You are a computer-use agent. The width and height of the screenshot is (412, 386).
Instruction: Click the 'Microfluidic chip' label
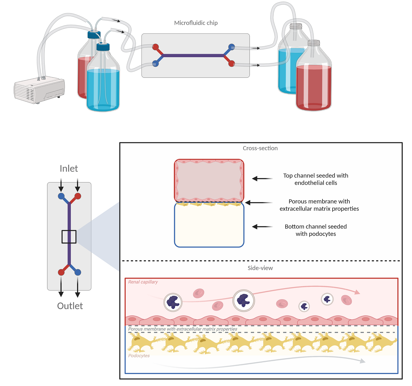click(196, 23)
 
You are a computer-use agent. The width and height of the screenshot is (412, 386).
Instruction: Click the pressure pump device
click(39, 90)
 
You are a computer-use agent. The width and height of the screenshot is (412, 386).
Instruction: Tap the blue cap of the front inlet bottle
click(103, 47)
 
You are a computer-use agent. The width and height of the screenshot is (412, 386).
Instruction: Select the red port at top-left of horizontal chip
click(156, 47)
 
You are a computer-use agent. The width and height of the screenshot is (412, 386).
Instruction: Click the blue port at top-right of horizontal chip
click(232, 47)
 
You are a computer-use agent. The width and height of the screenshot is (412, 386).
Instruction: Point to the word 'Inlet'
click(69, 168)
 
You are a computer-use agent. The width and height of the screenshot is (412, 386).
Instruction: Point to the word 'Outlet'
click(70, 306)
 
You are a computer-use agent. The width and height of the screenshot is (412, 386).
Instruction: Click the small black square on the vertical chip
click(69, 237)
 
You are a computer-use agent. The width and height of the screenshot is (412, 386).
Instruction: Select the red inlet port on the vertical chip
click(77, 196)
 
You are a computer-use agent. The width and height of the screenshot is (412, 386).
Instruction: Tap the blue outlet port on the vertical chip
click(77, 272)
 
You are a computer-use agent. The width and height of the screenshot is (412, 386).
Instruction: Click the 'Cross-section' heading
click(260, 148)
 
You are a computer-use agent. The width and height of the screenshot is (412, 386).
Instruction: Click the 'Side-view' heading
click(260, 268)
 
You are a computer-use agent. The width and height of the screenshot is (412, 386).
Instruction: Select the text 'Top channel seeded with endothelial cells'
click(316, 179)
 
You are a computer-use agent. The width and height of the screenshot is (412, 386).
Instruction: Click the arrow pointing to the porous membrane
click(259, 203)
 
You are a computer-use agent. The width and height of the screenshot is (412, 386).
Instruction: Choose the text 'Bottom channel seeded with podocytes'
click(316, 230)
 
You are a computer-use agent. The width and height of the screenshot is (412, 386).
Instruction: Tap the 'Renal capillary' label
click(143, 282)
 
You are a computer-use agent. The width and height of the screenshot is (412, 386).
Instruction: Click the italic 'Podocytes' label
click(139, 356)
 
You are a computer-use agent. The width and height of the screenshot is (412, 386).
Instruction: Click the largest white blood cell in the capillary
click(244, 301)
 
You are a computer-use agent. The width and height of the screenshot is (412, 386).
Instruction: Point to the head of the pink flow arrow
click(357, 292)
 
